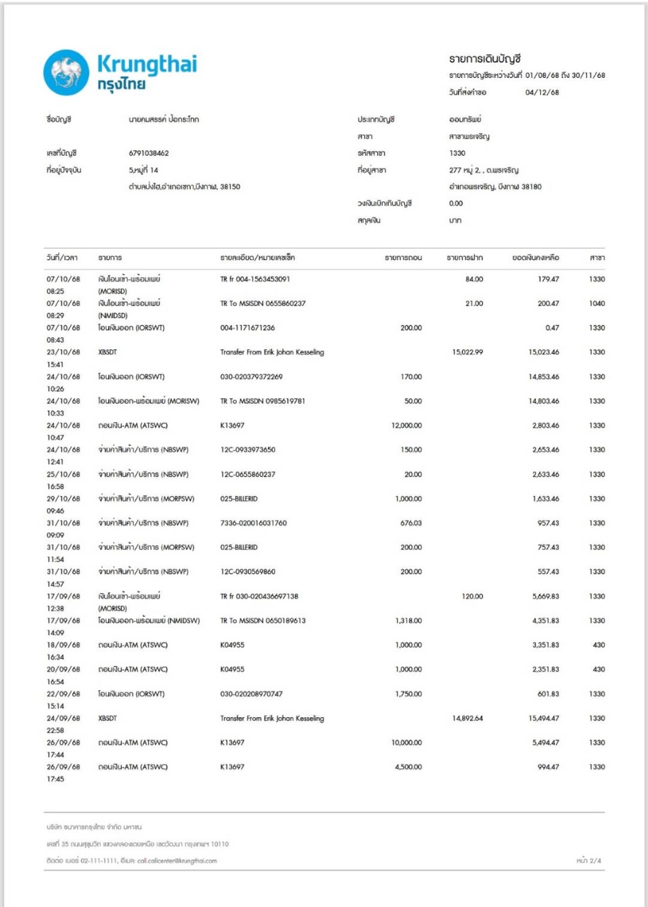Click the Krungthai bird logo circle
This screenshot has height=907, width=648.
point(66,72)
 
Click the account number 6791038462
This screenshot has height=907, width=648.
point(144,153)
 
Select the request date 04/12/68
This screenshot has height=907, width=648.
point(542,92)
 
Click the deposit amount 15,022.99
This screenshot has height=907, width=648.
point(467,352)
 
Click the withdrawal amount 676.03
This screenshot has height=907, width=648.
point(411,523)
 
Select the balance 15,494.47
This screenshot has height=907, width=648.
point(542,719)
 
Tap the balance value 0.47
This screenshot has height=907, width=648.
point(552,328)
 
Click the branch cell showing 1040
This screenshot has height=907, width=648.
point(596,303)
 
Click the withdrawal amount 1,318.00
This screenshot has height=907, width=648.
point(406,621)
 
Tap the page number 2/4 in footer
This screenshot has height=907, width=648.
point(590,860)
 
